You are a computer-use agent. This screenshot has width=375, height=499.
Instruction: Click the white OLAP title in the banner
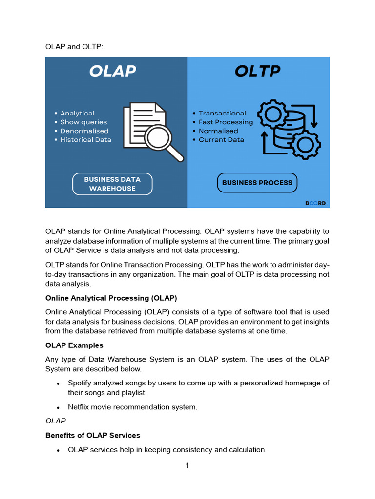[x=112, y=71]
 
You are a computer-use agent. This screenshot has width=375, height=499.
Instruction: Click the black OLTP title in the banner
[x=257, y=71]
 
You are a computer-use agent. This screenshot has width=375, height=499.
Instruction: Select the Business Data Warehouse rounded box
[x=112, y=184]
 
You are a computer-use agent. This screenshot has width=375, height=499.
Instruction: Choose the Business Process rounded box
[x=257, y=183]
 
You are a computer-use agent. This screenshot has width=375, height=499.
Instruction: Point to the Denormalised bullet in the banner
[x=84, y=131]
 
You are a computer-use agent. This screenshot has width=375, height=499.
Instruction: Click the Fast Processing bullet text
[x=226, y=122]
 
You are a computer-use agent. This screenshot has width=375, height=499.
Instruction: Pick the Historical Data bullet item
[x=85, y=139]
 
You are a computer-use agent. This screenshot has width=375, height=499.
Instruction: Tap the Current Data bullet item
[x=221, y=139]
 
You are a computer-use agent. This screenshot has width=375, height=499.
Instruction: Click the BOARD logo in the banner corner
[x=315, y=203]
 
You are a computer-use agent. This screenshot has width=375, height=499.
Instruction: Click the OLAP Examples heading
[x=74, y=345]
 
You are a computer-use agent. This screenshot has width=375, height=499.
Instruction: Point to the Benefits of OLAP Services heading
[x=93, y=435]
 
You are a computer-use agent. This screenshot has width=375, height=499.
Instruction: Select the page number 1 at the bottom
[x=187, y=466]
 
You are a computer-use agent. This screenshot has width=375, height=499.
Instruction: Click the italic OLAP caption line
[x=56, y=420]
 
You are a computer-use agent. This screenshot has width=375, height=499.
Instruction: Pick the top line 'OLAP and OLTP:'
[x=74, y=46]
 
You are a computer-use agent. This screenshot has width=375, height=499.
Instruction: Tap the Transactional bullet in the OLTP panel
[x=222, y=113]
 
